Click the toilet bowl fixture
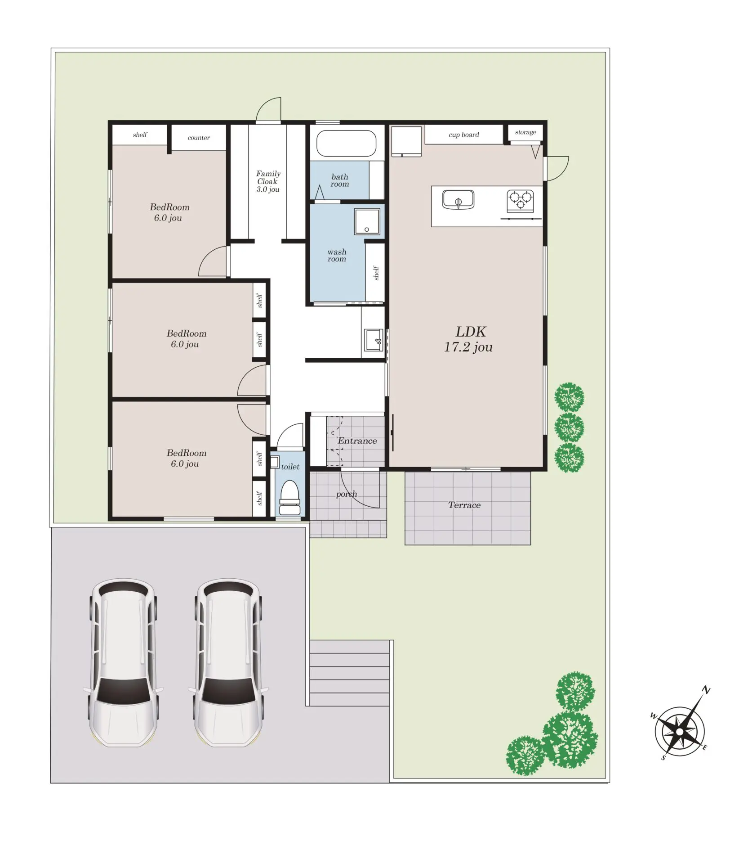290,498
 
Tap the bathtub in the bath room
346,143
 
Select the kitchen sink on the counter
458,199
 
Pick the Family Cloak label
268,177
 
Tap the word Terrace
464,505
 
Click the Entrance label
357,441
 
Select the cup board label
464,135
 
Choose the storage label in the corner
525,132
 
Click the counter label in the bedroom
199,138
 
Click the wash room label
337,255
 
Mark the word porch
346,494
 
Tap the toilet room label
290,467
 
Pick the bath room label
339,180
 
